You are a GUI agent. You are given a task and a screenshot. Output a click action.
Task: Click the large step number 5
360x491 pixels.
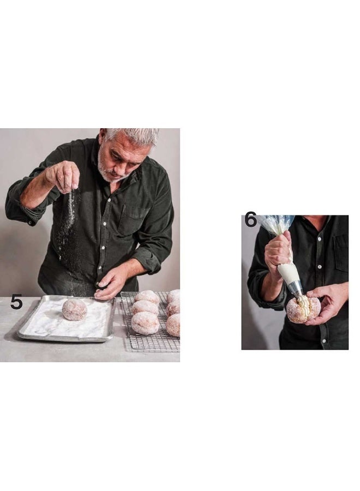[16, 302]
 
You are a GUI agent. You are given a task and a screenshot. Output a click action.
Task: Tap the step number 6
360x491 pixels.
[250, 220]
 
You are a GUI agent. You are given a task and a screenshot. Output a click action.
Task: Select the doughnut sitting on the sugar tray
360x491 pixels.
[74, 310]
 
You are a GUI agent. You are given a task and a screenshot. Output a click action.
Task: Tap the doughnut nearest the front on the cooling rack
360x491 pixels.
[145, 323]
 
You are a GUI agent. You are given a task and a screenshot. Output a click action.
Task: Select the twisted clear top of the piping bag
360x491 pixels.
[275, 223]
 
